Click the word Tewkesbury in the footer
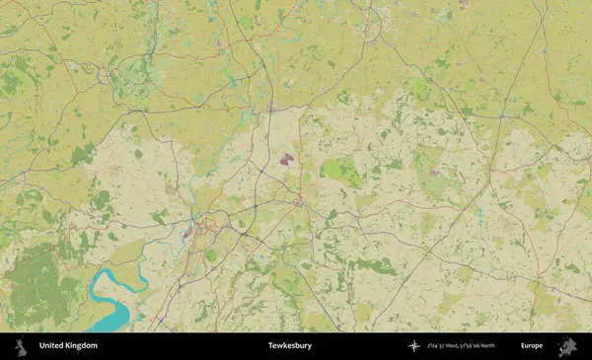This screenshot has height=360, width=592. click(x=289, y=346)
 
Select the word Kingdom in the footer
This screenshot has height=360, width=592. click(x=82, y=346)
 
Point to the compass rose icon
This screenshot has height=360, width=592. click(x=413, y=346)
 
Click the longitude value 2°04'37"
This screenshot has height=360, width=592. click(x=437, y=346)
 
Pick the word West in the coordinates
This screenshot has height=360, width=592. click(x=461, y=346)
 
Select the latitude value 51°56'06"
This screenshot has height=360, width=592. click(x=483, y=346)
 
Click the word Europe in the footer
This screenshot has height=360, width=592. click(x=532, y=346)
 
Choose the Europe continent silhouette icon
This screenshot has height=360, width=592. click(x=567, y=346)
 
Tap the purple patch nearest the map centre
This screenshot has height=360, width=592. click(x=286, y=158)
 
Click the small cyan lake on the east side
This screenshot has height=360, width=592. click(x=479, y=210)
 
